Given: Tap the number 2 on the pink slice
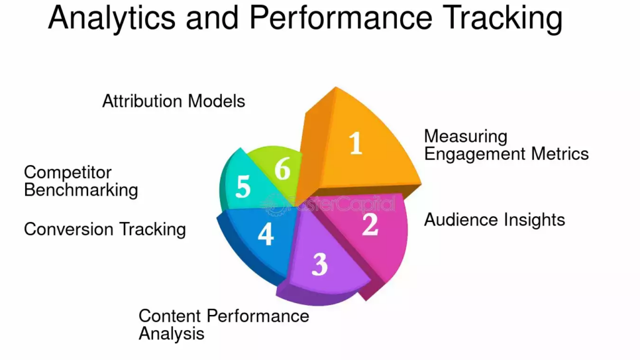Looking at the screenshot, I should point(370,225).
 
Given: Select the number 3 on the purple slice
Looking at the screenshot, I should point(319,264).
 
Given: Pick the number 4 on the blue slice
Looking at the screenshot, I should point(266,234).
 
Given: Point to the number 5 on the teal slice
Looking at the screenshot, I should point(243,187).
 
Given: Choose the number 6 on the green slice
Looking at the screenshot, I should point(282,168).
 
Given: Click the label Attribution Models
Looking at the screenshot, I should point(174,101).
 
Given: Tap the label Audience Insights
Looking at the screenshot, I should point(494,219).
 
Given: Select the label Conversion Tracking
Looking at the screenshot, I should point(105,229).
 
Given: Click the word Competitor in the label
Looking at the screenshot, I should point(67,172).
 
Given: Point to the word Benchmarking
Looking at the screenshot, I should point(81,189).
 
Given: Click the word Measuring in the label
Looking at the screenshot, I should point(466,136).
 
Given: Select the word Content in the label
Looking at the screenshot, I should point(169,316).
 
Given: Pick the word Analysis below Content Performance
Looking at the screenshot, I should point(171,333).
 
